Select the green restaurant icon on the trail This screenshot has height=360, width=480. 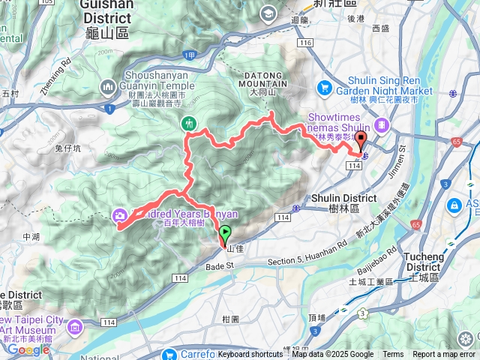[x=188, y=123]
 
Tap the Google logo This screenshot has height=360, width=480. [x=28, y=349]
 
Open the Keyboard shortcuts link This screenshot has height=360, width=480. [x=250, y=355]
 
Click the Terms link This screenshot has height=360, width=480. [x=393, y=355]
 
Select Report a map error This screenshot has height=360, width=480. [x=444, y=355]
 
